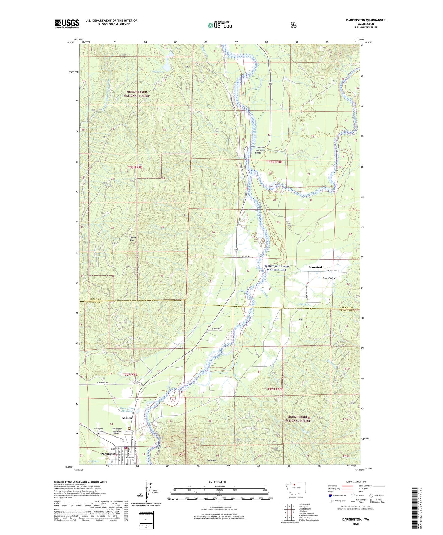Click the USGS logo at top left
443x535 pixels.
[x=67, y=24]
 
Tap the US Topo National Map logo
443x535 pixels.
[x=220, y=25]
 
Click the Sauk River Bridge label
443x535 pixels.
[x=258, y=151]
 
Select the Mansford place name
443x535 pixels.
[x=315, y=267]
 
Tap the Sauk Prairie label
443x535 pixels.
[x=329, y=278]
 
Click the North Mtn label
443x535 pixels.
[x=132, y=239]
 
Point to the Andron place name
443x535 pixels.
[x=127, y=418]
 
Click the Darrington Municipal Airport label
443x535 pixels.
[x=117, y=431]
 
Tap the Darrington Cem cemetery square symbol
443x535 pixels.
[x=99, y=434]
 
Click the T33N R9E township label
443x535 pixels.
[x=135, y=167]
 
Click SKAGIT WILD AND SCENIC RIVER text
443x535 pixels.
[x=276, y=268]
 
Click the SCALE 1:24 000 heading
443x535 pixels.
[x=217, y=482]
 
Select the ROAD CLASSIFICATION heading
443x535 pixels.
[x=355, y=482]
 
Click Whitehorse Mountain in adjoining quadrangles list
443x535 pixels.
[x=308, y=515]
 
